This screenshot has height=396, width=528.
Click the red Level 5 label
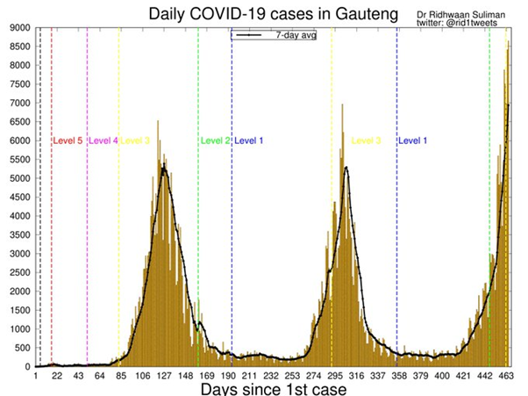pos(68,140)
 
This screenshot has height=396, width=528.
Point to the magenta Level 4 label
pos(103,140)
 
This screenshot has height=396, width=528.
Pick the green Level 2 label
pos(216,140)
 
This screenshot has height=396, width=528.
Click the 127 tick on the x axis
pos(164,375)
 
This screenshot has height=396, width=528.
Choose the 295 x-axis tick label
pos(336,375)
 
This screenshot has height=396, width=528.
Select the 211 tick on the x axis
pos(250,375)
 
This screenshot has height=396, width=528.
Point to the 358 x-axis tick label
pos(400,375)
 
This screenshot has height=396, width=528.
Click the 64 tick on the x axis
pos(100,375)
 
